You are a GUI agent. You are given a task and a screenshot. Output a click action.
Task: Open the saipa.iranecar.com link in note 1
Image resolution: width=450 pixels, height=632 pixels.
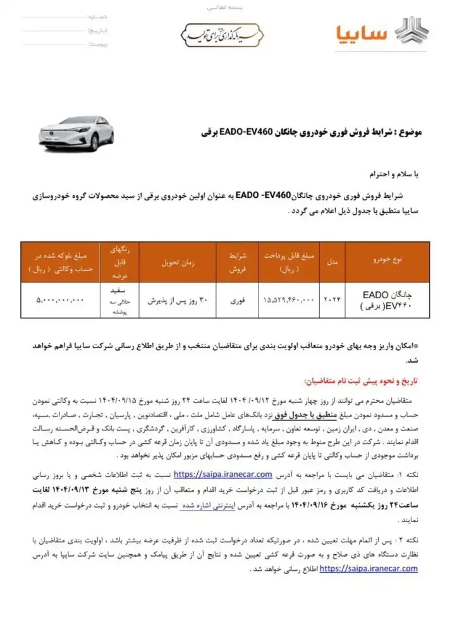222,474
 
